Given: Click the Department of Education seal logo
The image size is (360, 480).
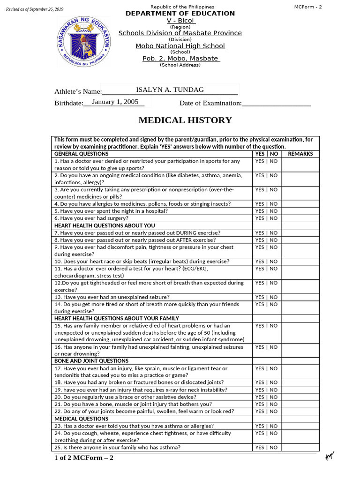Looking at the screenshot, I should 83,42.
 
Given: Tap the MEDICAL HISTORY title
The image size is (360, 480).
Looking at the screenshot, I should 185,120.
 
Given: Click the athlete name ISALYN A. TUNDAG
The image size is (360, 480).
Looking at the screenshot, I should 170,90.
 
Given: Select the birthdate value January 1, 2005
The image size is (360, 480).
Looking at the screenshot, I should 115,102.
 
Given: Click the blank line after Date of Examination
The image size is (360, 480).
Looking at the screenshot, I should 277,104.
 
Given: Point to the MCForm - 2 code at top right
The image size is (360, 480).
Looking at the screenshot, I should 308,7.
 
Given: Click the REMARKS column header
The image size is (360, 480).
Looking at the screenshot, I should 300,154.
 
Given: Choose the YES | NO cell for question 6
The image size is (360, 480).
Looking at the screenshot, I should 266,218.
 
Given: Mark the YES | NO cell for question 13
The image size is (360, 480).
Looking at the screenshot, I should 266,297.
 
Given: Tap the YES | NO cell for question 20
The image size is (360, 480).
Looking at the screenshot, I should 266,397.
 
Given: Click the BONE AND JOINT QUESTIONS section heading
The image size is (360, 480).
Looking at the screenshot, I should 91,361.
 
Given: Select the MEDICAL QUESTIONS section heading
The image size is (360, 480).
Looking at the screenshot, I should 81,419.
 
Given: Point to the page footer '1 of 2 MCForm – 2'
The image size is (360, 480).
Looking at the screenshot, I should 84,458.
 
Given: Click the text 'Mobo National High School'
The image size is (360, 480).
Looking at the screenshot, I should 180,46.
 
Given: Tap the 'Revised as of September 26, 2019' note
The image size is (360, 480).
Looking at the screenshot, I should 34,9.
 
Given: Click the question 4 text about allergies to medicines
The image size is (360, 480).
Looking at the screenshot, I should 142,204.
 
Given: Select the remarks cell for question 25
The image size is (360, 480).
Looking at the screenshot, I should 300,448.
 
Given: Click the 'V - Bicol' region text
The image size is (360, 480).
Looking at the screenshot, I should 180,21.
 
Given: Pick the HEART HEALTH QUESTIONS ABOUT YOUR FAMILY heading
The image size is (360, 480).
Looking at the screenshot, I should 117,318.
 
